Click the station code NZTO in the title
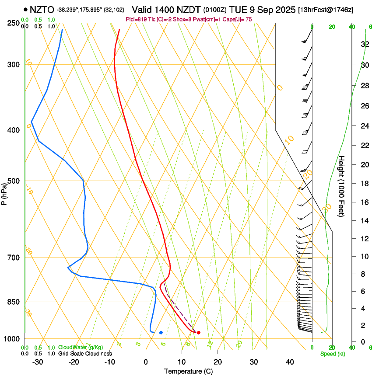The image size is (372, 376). click(x=42, y=9)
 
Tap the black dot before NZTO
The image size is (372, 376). click(x=26, y=9)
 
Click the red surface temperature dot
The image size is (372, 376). click(x=199, y=333)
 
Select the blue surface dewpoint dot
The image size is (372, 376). click(x=161, y=333)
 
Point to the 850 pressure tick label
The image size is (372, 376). click(x=13, y=302)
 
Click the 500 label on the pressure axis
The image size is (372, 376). click(x=13, y=181)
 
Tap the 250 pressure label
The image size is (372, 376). click(x=13, y=23)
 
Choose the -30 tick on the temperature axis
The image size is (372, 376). click(x=37, y=362)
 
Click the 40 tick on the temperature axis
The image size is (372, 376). click(x=290, y=362)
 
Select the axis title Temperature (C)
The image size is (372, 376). click(x=189, y=371)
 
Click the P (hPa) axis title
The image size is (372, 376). click(x=4, y=192)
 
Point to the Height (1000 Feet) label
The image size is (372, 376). click(x=342, y=186)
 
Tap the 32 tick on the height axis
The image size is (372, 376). click(x=363, y=44)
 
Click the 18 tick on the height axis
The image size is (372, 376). click(x=363, y=183)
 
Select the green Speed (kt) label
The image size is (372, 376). click(x=331, y=354)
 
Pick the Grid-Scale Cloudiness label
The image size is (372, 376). click(x=85, y=354)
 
